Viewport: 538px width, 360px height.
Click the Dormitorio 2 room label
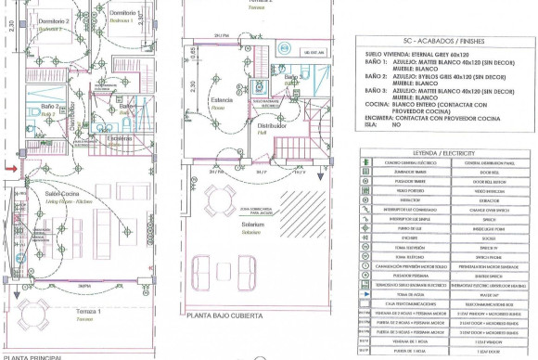tap(57, 19)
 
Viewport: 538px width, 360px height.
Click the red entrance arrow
tap(9, 168)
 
